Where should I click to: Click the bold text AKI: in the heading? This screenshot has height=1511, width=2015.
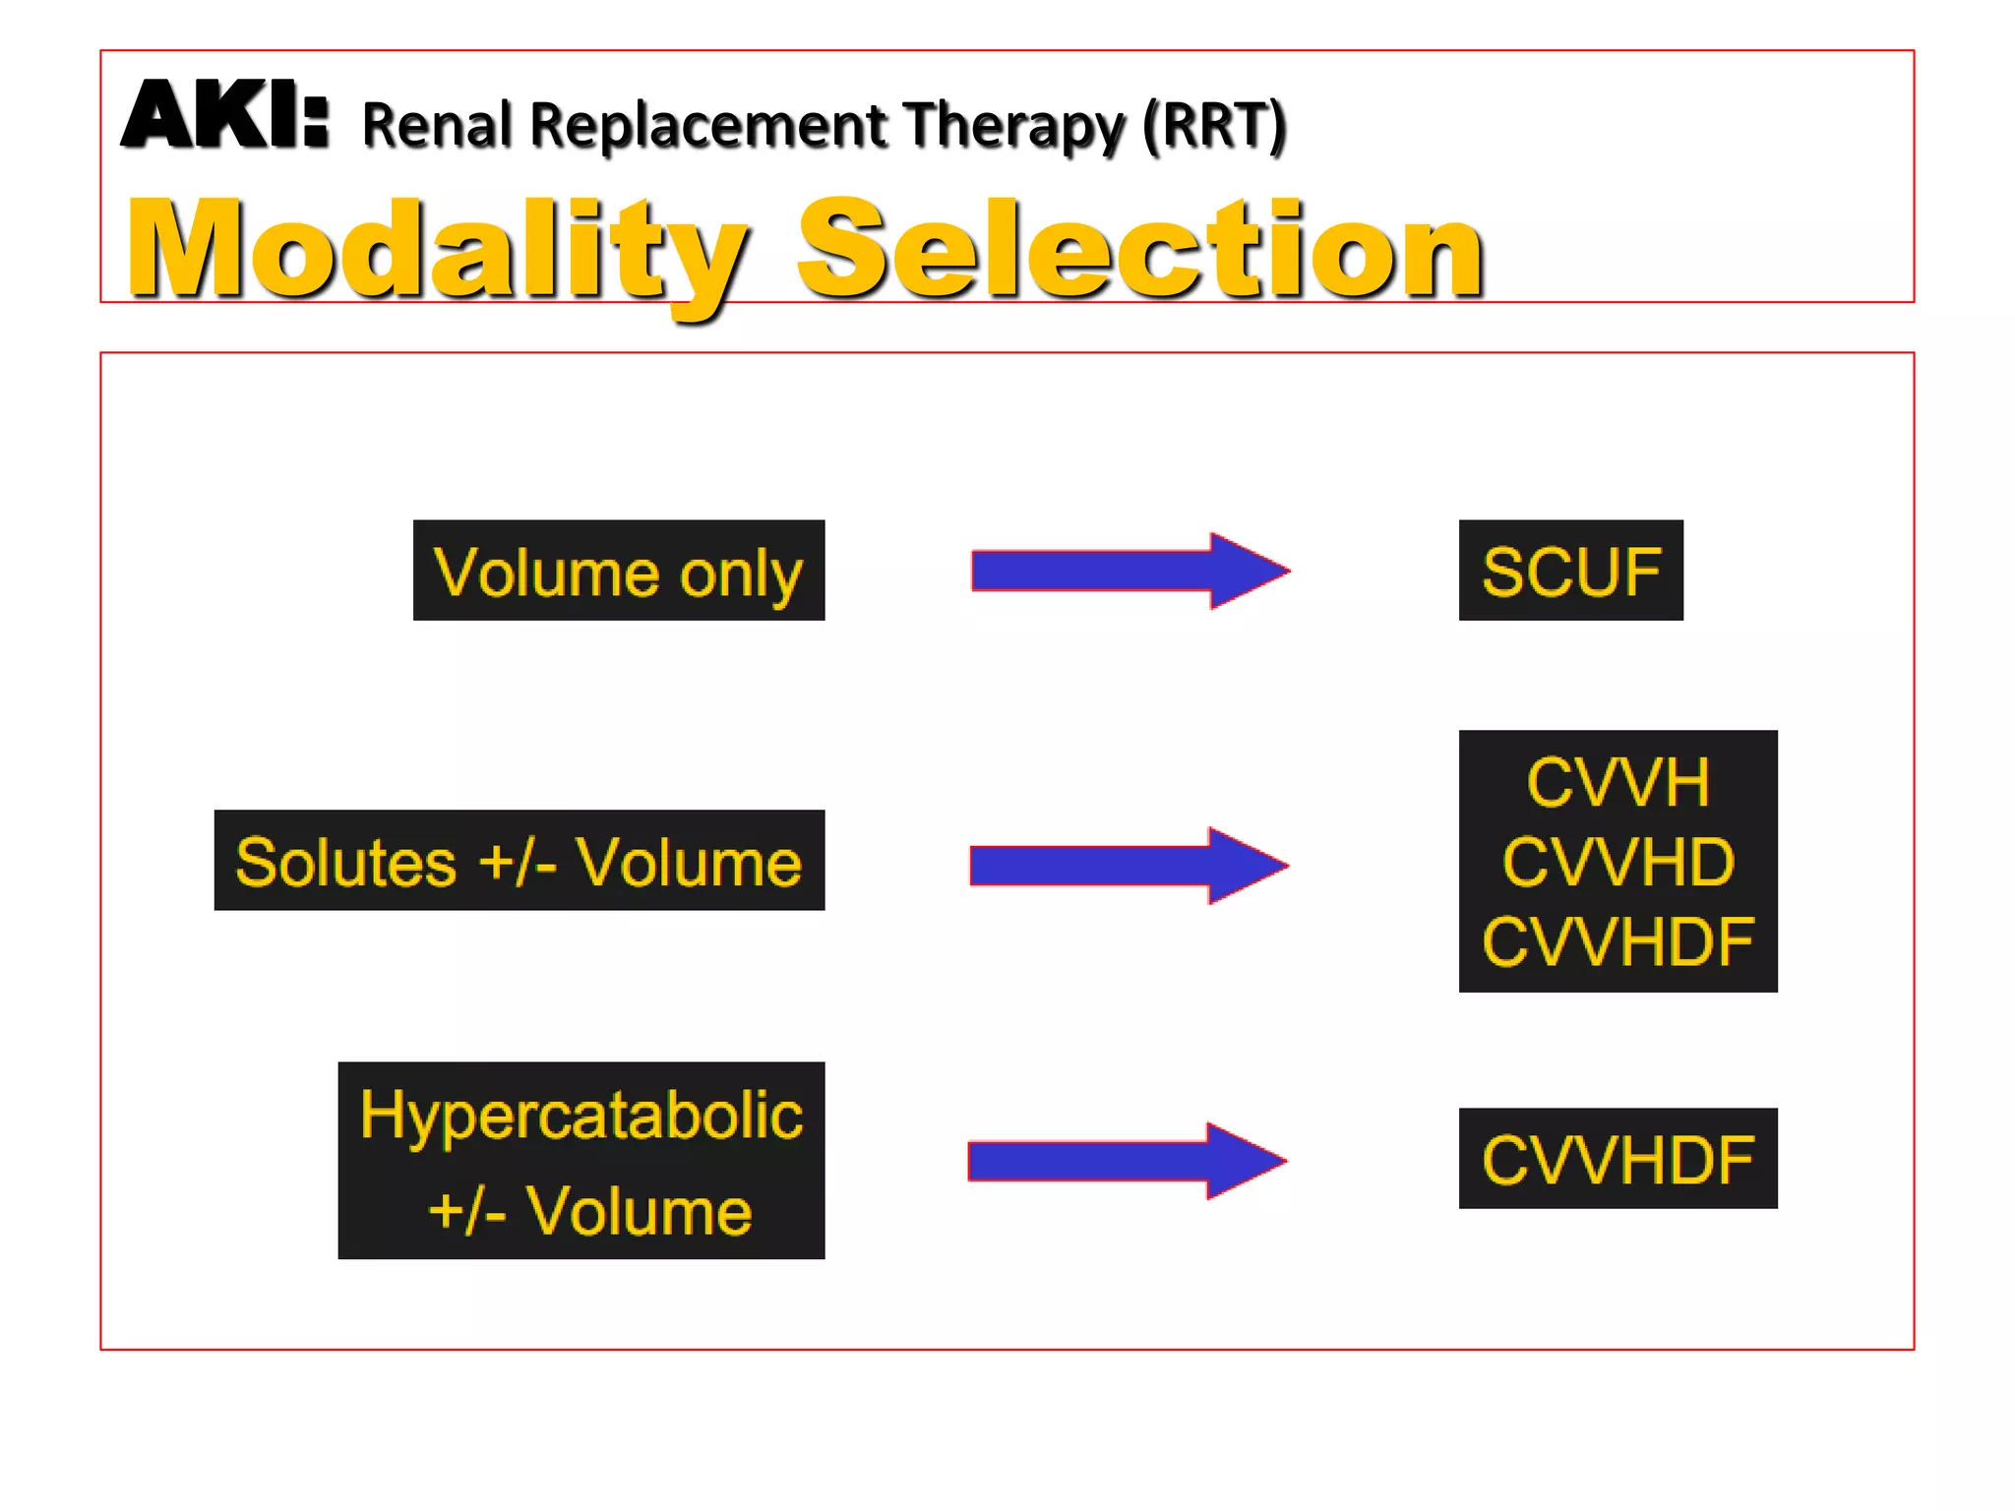coord(224,117)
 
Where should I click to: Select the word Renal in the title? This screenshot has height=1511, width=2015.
coord(437,126)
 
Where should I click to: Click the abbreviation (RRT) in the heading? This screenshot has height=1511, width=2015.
coord(1214,126)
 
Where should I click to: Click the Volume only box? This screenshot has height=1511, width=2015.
coord(618,571)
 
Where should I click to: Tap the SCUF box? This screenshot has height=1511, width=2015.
coord(1570,571)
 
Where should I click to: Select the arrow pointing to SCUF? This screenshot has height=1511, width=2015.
coord(1130,571)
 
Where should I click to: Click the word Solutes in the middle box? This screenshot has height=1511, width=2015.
coord(345,863)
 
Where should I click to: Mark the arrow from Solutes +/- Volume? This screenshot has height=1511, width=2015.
coord(1129,865)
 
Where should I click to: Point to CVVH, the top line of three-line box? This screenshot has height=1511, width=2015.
coord(1618,783)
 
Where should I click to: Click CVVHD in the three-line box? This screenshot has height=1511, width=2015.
coord(1618,862)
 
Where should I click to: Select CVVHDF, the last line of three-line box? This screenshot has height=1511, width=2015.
coord(1618,941)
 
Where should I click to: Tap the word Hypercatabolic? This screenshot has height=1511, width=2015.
coord(581,1116)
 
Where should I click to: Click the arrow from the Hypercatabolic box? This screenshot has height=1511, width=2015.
coord(1128,1161)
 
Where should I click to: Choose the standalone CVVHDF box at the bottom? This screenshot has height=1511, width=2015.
coord(1618,1159)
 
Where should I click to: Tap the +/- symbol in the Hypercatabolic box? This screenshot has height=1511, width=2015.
coord(468,1211)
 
